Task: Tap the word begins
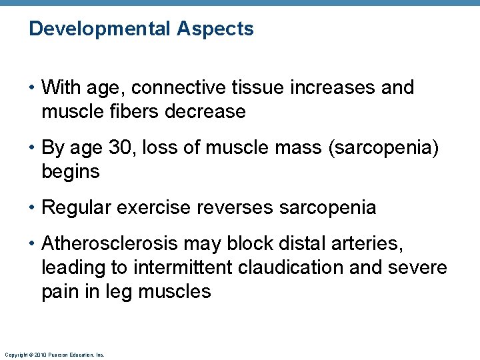point(70,171)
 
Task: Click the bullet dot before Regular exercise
point(33,207)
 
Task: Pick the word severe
point(417,267)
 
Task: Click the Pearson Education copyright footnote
point(54,355)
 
